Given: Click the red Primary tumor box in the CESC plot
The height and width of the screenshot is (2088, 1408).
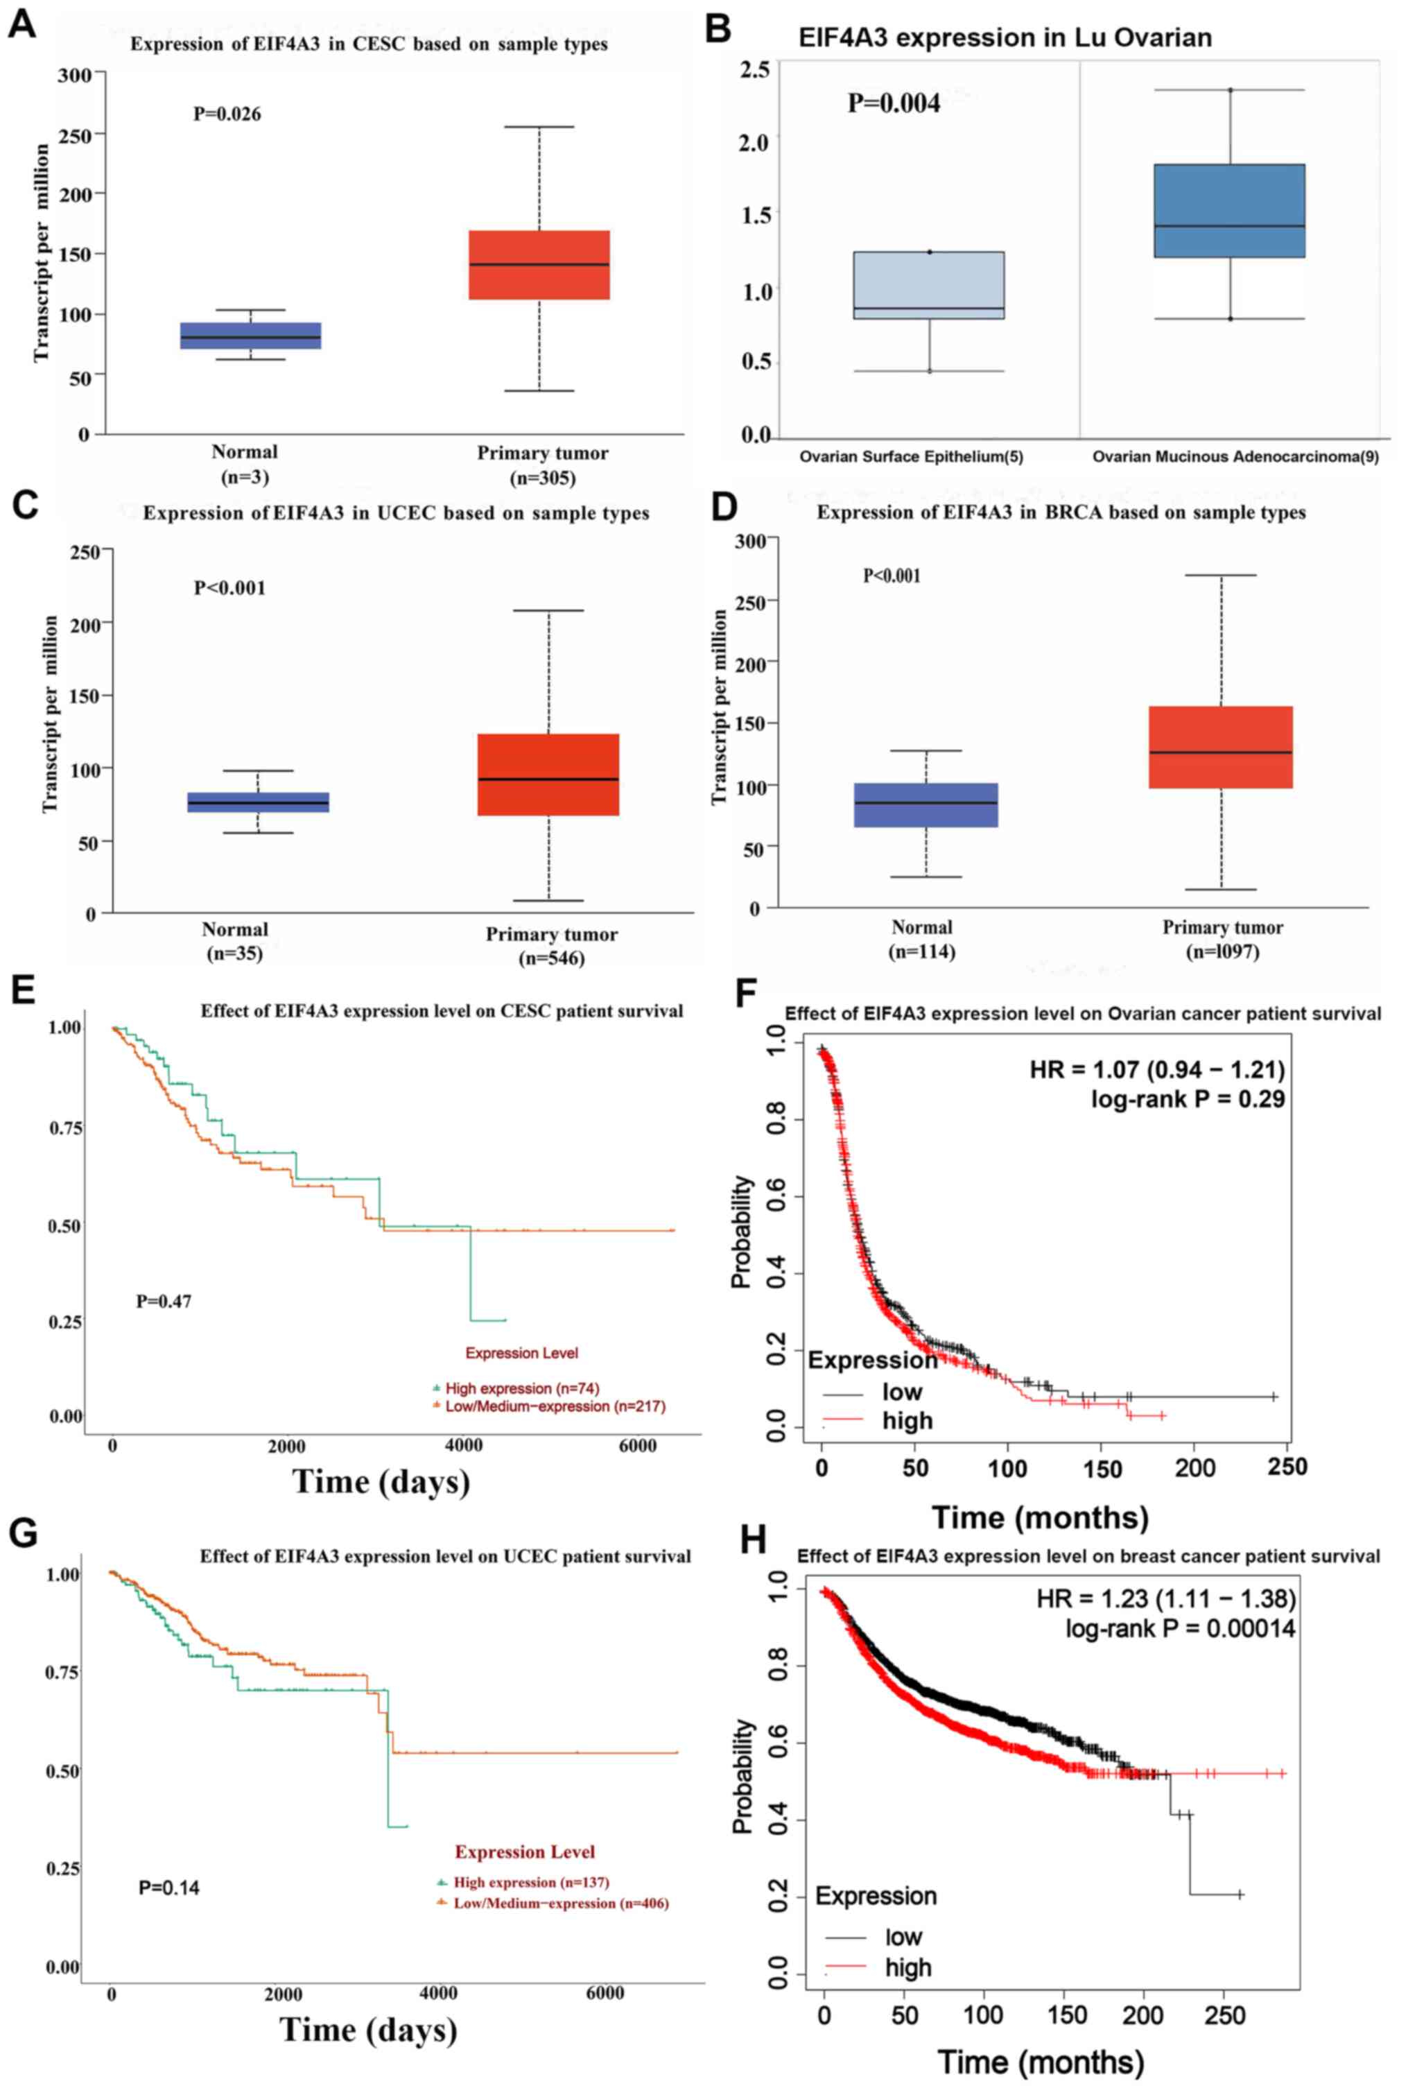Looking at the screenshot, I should [539, 265].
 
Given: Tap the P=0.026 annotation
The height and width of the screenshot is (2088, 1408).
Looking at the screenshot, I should [227, 114].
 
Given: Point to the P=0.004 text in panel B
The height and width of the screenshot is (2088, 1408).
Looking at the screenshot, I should [894, 103].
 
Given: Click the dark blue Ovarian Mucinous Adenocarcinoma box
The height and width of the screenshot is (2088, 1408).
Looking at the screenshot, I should [1229, 211].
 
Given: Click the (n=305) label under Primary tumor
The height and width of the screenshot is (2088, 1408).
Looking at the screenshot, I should [542, 478].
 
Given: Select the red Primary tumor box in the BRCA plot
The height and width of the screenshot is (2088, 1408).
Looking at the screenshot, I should [1220, 747].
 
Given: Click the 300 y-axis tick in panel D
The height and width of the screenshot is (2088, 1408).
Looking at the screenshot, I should [750, 541].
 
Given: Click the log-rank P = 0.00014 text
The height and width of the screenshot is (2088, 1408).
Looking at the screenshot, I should [1180, 1628].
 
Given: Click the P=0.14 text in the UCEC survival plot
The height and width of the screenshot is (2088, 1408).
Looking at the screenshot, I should [169, 1888].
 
